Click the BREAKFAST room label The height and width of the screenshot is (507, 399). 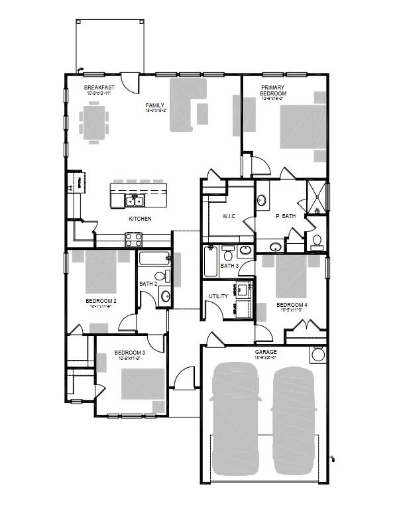click(99, 87)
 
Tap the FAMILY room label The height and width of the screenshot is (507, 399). click(155, 105)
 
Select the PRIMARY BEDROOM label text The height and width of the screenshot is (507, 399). click(273, 91)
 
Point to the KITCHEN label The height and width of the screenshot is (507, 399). click(140, 219)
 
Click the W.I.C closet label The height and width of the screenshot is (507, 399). click(229, 216)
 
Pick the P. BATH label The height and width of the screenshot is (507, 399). click(285, 216)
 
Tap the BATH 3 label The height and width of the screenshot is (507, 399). click(229, 266)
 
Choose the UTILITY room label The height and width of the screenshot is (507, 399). click(218, 296)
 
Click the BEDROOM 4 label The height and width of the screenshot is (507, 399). click(292, 305)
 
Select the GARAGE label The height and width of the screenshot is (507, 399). click(266, 353)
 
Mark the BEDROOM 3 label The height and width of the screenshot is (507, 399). click(130, 353)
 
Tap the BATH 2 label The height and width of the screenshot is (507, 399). click(147, 284)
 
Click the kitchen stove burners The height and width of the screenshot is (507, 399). click(133, 239)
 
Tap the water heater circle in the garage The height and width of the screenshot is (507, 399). click(319, 355)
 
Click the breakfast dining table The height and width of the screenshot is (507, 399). click(93, 123)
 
